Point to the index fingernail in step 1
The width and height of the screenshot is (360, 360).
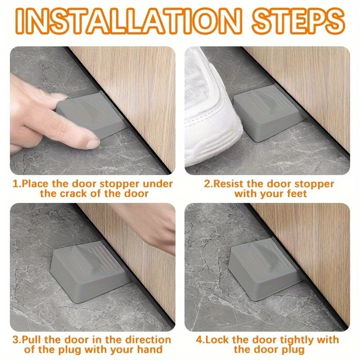click(x=93, y=144)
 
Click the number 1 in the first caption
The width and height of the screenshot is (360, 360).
click(x=15, y=184)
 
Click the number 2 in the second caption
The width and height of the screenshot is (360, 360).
click(x=207, y=184)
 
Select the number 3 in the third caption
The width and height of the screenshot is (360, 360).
click(x=16, y=340)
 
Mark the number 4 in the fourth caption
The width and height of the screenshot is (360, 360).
click(x=199, y=340)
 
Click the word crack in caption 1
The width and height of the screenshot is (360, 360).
click(x=74, y=193)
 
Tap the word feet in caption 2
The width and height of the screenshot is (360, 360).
click(x=297, y=193)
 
